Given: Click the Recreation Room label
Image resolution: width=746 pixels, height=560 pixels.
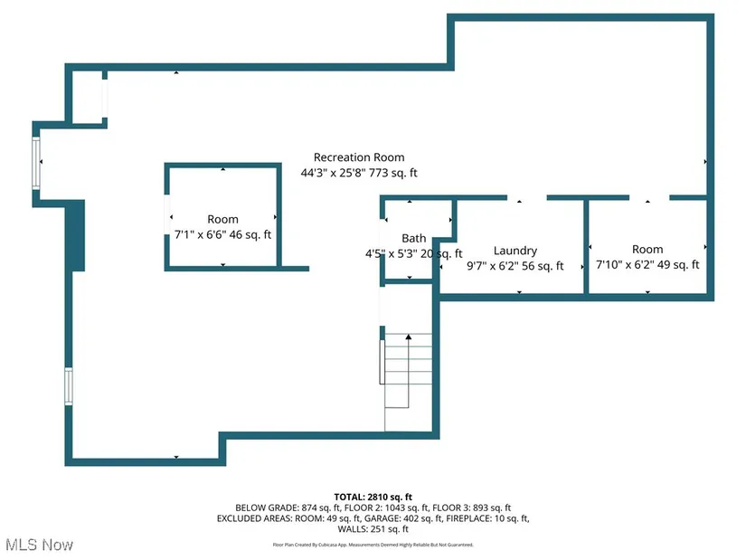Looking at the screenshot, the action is tap(359, 157).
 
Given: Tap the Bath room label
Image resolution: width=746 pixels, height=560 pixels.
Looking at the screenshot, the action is tap(414, 238).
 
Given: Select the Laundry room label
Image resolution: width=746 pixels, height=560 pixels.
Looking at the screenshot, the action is tap(515, 251).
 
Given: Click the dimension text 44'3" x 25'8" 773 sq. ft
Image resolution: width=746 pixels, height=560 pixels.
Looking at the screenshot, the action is tap(359, 173).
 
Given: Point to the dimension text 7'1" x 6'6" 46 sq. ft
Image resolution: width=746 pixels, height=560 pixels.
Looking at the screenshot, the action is tap(222, 234).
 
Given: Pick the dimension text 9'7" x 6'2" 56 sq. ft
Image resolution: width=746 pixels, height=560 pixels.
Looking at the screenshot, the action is tap(515, 266).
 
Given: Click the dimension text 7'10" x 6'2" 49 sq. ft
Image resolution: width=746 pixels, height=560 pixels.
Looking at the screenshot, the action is tap(647, 265).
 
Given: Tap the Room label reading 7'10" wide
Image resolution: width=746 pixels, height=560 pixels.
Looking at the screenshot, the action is tap(647, 250).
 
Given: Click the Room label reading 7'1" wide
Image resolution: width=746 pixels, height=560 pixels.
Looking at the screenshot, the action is tap(222, 220).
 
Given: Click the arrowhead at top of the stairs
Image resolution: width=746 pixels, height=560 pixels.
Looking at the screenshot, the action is tap(408, 337).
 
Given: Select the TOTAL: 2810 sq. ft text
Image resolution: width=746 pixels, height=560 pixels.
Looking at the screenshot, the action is tap(373, 498).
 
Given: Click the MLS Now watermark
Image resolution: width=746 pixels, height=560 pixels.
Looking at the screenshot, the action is tap(40, 545).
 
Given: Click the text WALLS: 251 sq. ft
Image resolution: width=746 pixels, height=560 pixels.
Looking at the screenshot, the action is tap(373, 529).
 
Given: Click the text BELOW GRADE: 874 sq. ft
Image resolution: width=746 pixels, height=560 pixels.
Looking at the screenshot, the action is tap(288, 508).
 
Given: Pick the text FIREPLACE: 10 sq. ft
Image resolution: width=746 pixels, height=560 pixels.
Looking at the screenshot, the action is tap(487, 518).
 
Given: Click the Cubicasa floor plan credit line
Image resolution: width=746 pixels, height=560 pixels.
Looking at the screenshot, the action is tap(373, 545).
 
